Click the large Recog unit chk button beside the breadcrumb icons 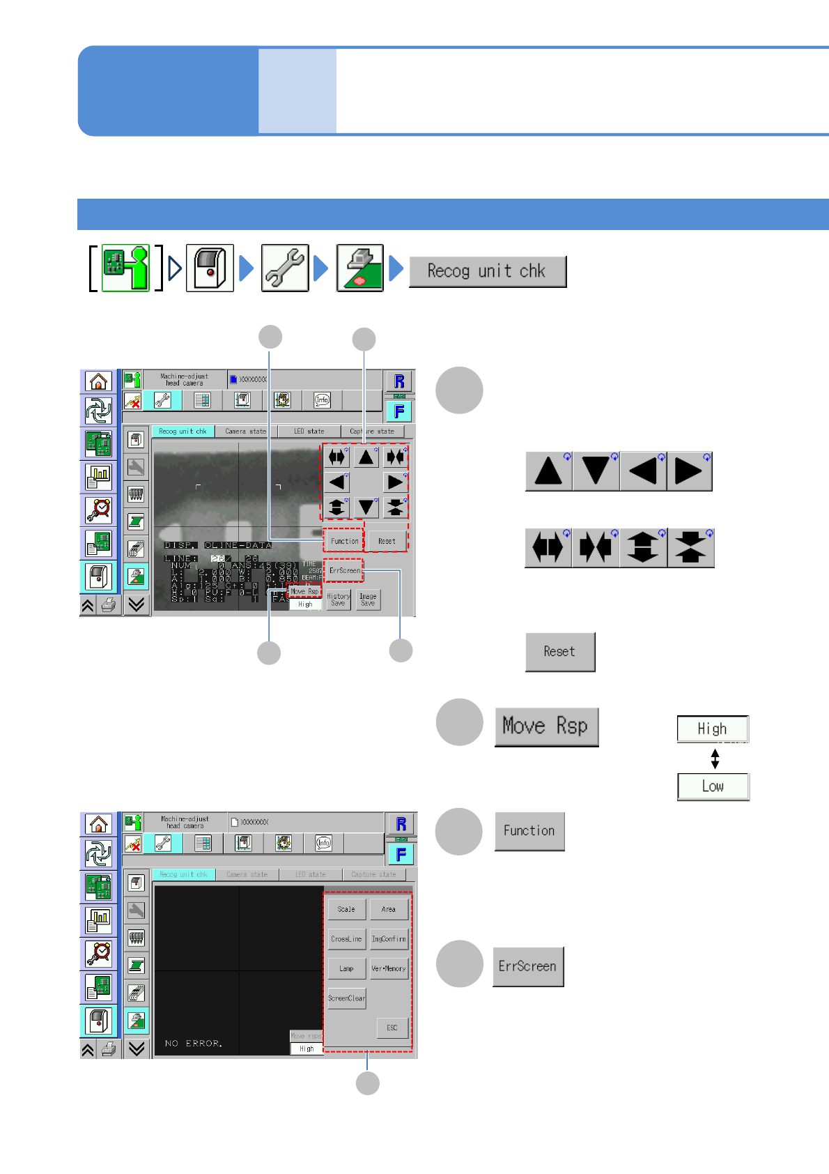tap(487, 271)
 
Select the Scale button tap(346, 909)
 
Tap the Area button tap(389, 909)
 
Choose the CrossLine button tap(346, 939)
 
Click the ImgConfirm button tap(389, 939)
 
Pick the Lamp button tap(346, 968)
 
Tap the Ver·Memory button tap(389, 968)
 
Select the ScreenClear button tap(346, 998)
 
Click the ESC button tap(392, 1028)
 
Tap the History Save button tap(339, 600)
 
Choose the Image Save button tap(368, 600)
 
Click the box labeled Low tap(713, 786)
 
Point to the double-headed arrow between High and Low tap(715, 758)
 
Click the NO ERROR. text tap(194, 1044)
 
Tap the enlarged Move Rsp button tap(545, 726)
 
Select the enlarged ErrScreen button tap(527, 966)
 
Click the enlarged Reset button tap(559, 652)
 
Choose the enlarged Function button tap(529, 831)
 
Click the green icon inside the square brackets tap(125, 268)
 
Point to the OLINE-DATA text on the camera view tap(238, 545)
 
